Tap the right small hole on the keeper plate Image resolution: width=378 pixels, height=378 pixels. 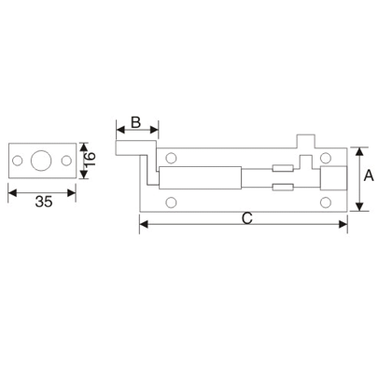click(64, 161)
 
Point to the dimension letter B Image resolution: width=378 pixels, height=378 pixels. click(135, 122)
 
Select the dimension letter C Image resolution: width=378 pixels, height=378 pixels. click(245, 218)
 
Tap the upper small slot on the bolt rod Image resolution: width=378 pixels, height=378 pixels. click(282, 169)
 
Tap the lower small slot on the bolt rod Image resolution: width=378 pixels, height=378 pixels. click(282, 189)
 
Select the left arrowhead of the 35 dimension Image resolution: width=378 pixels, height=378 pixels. click(11, 193)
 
